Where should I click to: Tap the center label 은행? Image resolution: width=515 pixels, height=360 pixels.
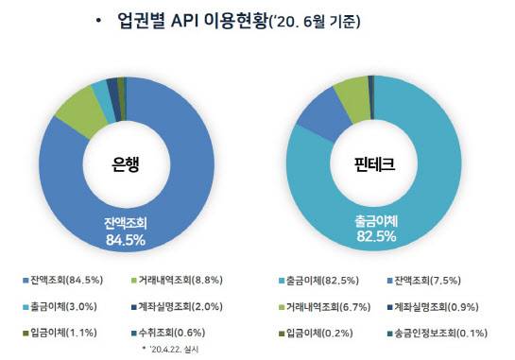coord(126,163)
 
